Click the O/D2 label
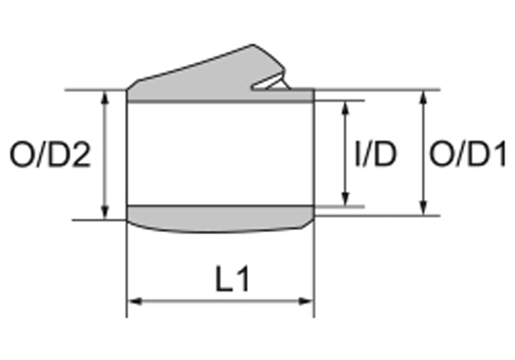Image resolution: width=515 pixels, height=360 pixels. [50, 155]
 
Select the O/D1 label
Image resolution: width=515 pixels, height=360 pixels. [468, 155]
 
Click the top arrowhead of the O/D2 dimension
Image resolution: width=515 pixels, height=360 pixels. [105, 96]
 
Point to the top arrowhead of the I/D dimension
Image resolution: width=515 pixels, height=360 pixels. [345, 107]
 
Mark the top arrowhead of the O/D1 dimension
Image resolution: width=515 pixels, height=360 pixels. [424, 96]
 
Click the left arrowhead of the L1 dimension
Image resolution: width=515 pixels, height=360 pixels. [133, 301]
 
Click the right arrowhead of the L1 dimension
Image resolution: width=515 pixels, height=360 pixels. [307, 301]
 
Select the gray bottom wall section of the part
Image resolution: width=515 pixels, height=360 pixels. [220, 218]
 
